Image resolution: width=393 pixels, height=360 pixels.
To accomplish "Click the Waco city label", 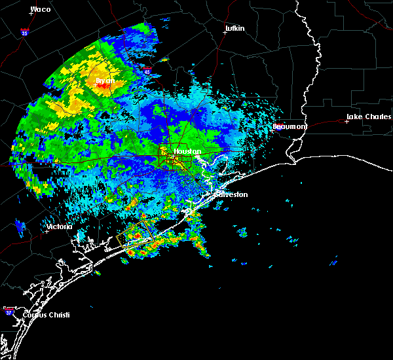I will [x=41, y=9].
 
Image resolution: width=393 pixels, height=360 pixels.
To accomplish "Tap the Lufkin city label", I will [x=234, y=29].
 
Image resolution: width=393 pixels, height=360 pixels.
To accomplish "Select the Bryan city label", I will [x=105, y=81].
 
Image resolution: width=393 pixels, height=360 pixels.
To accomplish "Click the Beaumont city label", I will [x=290, y=126].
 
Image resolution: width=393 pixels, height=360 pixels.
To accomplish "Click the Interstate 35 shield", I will [x=24, y=31].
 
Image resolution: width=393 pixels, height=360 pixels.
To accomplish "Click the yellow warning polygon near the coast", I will [x=136, y=234].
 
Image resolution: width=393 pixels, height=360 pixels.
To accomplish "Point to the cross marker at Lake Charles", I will [x=346, y=121].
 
